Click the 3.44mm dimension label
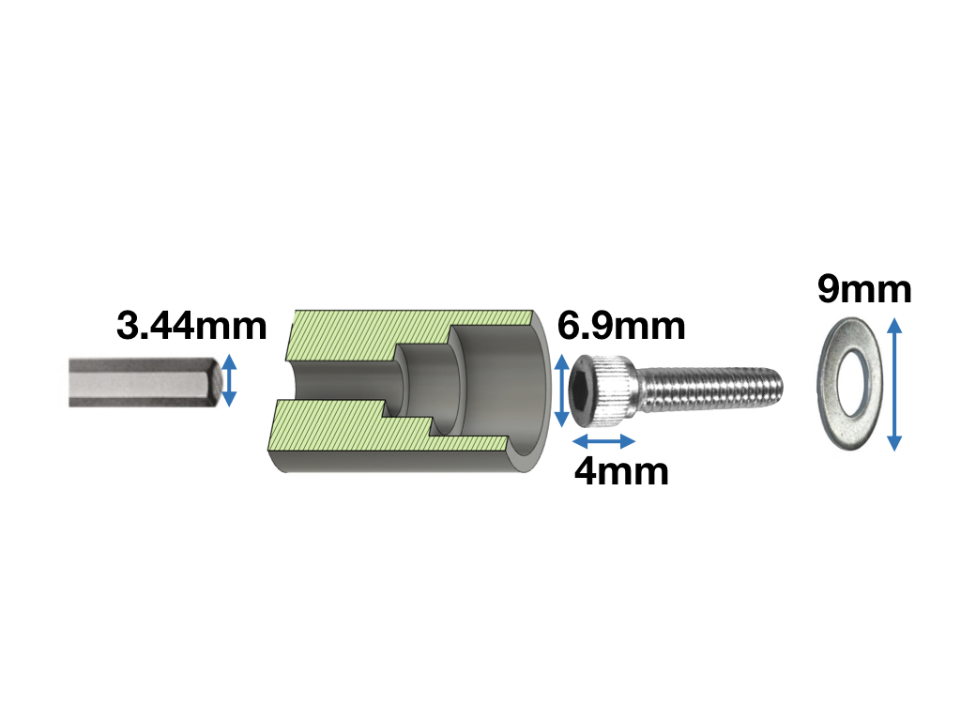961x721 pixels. tap(191, 326)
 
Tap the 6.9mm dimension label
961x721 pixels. tap(621, 326)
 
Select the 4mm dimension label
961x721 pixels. tap(621, 471)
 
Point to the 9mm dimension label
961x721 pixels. tap(864, 289)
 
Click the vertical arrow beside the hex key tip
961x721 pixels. tap(229, 380)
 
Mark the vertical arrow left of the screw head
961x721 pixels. tap(562, 391)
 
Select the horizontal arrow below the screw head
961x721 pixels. tap(603, 441)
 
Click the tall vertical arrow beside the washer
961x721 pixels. tap(894, 384)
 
